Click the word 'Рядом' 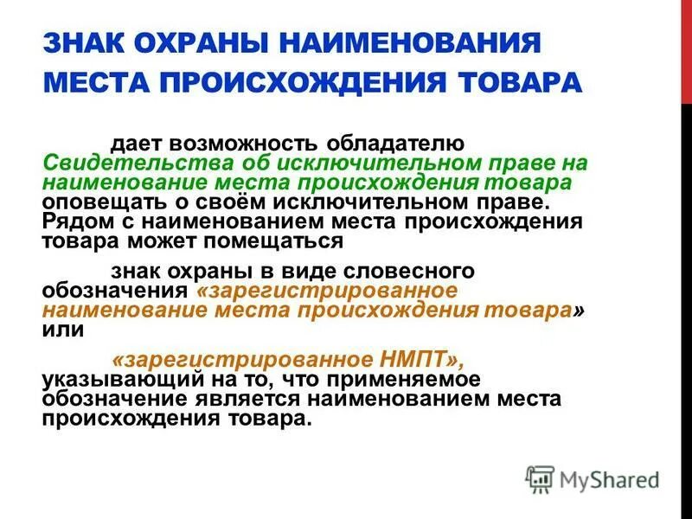click(x=72, y=221)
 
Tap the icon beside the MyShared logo click(x=540, y=478)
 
